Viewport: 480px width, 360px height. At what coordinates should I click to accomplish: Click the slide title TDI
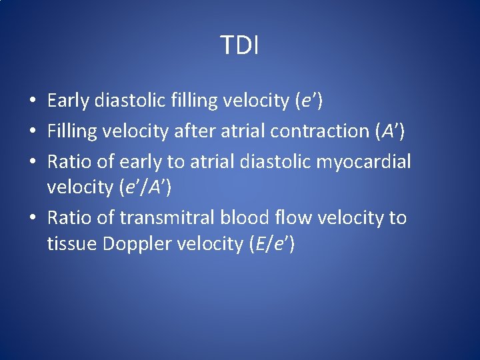tap(240, 45)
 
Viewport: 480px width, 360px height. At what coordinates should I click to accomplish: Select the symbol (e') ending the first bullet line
tap(309, 101)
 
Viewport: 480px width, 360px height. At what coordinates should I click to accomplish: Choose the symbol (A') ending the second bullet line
tap(390, 131)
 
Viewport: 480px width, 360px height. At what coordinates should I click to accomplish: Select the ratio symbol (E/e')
tap(271, 245)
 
